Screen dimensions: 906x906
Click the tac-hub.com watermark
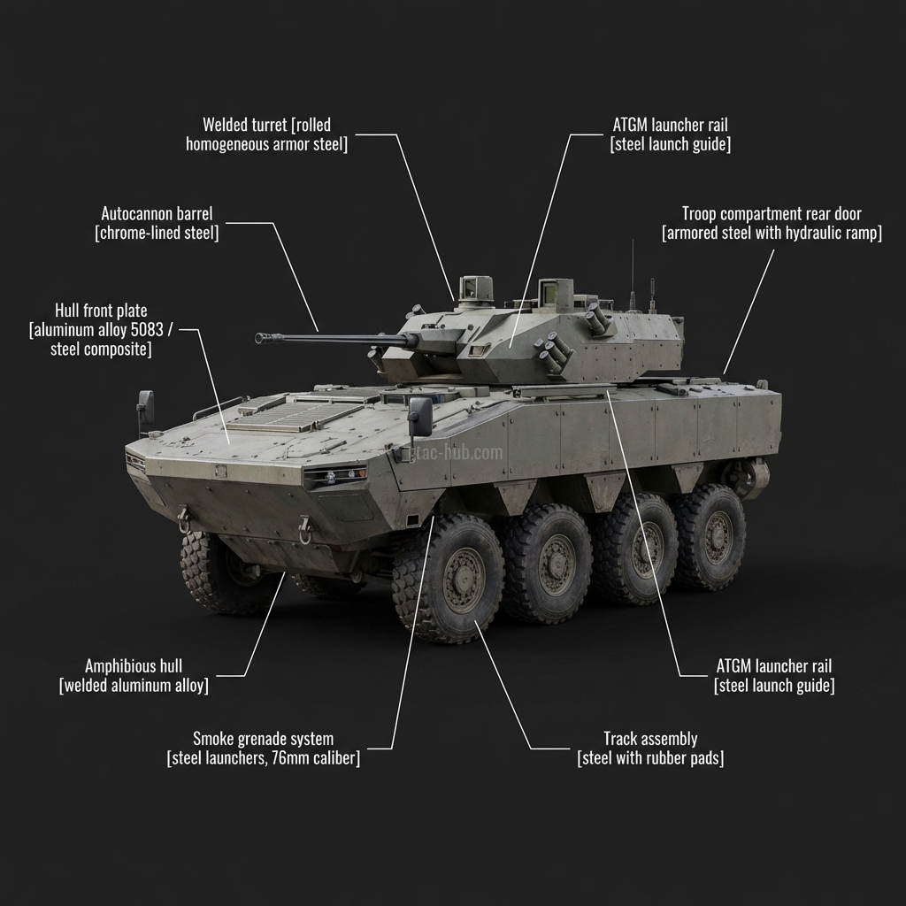(x=461, y=454)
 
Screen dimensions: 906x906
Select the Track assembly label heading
(x=650, y=739)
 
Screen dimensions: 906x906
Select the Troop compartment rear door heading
(x=772, y=214)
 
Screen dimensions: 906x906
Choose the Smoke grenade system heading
(x=263, y=739)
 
